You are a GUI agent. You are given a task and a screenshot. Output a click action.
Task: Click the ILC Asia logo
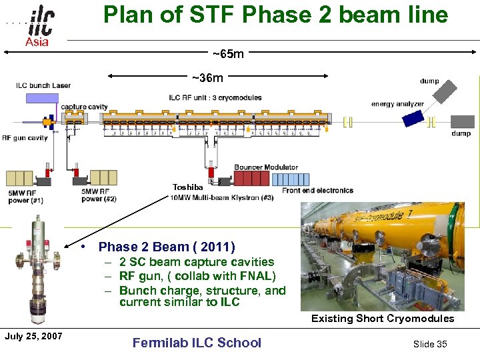(x=39, y=25)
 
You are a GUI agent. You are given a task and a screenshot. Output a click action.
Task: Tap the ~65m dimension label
(x=228, y=53)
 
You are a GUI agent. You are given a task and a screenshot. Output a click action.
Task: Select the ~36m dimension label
(x=207, y=78)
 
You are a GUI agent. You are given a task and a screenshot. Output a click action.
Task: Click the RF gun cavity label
(x=25, y=138)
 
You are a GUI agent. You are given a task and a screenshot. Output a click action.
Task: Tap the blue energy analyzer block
(x=413, y=117)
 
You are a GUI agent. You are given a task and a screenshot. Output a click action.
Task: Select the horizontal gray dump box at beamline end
(x=462, y=121)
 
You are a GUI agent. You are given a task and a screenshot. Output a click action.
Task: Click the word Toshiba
(x=187, y=187)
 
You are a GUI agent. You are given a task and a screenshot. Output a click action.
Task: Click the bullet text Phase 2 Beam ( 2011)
(x=167, y=247)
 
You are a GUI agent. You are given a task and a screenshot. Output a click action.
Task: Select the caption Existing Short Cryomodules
(x=383, y=319)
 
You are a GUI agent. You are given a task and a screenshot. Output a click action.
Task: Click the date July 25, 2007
(x=33, y=336)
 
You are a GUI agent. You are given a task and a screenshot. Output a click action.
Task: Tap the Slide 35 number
(x=430, y=343)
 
